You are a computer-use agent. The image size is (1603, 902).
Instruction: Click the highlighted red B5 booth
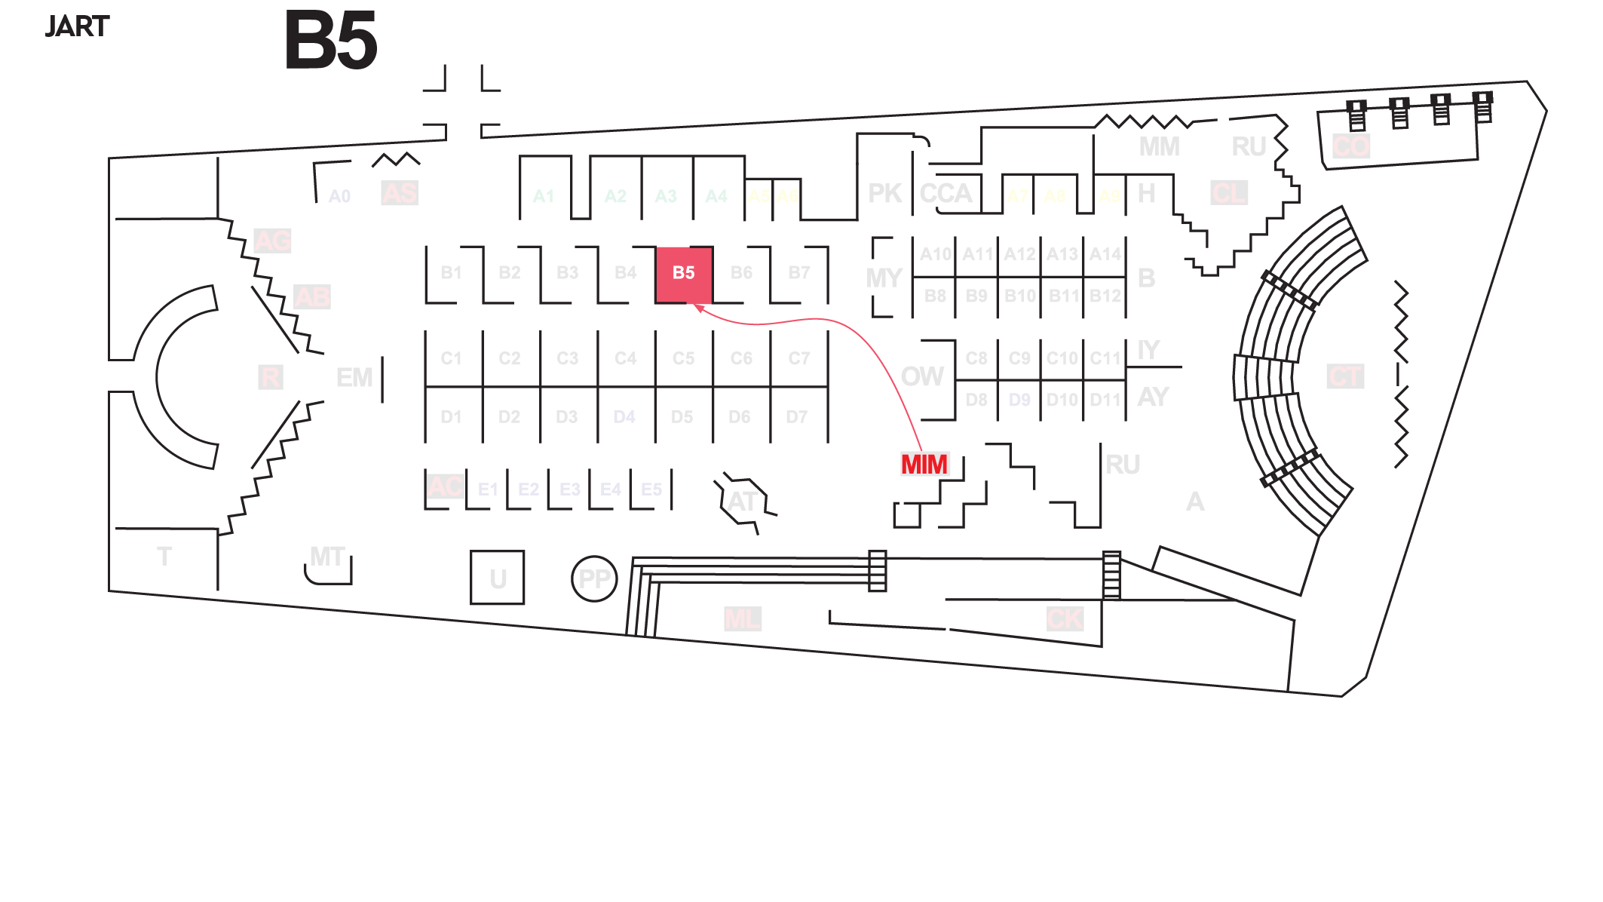[684, 274]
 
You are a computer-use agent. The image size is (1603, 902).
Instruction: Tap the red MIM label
[924, 465]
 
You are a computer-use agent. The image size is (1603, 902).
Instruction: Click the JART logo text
[77, 27]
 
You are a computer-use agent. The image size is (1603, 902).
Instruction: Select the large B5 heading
[330, 41]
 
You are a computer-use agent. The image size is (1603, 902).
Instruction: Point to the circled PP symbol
[594, 578]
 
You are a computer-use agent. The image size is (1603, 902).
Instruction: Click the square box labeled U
[497, 578]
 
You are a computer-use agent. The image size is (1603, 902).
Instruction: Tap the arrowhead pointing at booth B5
[698, 307]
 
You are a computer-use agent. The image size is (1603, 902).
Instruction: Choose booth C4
[625, 358]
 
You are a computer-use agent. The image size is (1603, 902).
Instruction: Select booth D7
[797, 417]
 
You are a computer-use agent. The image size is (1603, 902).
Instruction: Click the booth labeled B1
[451, 273]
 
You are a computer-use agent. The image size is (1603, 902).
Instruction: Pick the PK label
[884, 194]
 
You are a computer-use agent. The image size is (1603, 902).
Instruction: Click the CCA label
[946, 194]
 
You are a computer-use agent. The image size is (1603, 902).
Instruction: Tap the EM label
[354, 377]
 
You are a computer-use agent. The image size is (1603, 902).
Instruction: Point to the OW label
[921, 376]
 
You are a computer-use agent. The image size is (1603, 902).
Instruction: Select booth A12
[1019, 255]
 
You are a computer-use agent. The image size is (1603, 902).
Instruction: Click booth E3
[569, 489]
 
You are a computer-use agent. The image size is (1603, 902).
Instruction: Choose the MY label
[884, 278]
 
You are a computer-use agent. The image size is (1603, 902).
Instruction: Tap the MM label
[1159, 146]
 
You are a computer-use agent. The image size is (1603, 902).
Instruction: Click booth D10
[1062, 400]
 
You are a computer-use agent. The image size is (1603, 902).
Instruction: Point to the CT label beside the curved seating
[1345, 376]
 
